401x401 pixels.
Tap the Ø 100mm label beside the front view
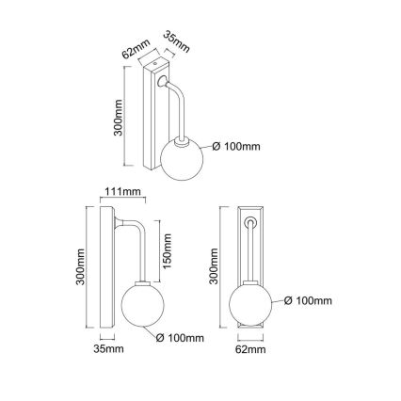(306, 301)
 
